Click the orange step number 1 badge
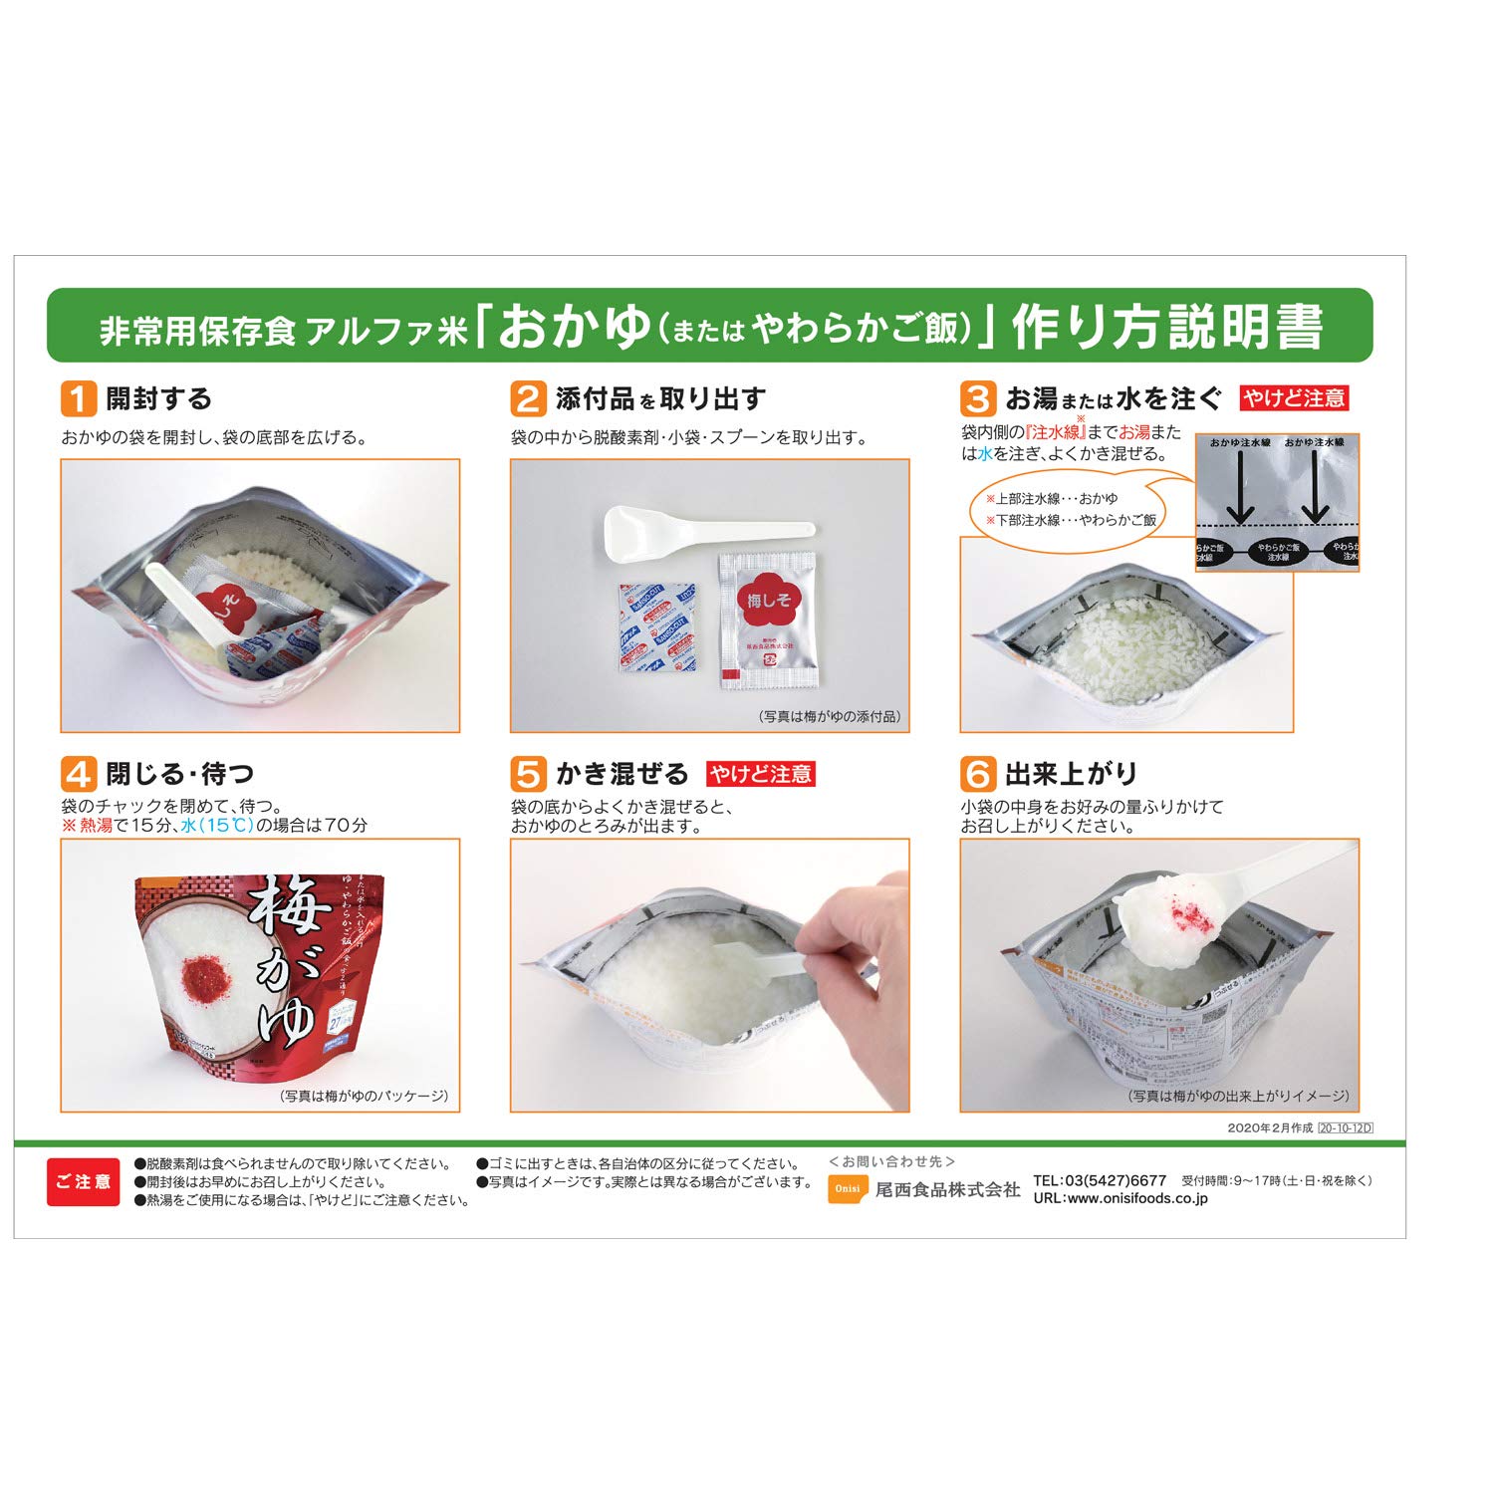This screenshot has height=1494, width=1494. pyautogui.click(x=79, y=398)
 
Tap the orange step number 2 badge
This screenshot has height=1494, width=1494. pyautogui.click(x=528, y=398)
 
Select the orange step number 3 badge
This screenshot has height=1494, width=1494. pyautogui.click(x=978, y=398)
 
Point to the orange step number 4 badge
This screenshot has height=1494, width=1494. pyautogui.click(x=79, y=774)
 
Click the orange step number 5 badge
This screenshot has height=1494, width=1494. pyautogui.click(x=528, y=774)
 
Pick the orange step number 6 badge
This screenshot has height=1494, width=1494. pyautogui.click(x=978, y=774)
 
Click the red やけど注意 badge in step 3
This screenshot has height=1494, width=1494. pyautogui.click(x=1294, y=398)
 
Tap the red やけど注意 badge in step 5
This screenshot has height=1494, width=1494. pyautogui.click(x=761, y=774)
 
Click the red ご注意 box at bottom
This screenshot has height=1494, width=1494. pyautogui.click(x=83, y=1182)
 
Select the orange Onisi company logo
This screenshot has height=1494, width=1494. pyautogui.click(x=848, y=1189)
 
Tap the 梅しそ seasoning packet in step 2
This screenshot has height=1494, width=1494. pyautogui.click(x=768, y=621)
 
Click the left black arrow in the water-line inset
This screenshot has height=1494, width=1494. pyautogui.click(x=1240, y=488)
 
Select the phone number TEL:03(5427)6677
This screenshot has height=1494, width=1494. pyautogui.click(x=1100, y=1180)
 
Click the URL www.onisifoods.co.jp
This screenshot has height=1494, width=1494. pyautogui.click(x=1120, y=1199)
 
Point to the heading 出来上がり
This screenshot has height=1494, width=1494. pyautogui.click(x=1071, y=774)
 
